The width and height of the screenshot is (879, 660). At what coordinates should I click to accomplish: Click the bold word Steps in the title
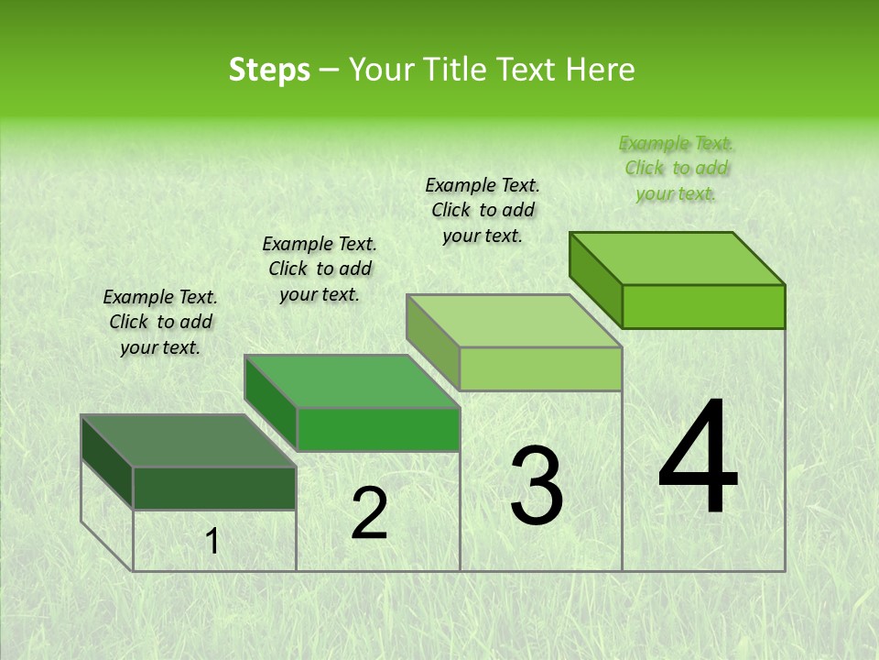(x=268, y=70)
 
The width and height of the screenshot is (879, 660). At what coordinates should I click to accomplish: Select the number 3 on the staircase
(x=537, y=485)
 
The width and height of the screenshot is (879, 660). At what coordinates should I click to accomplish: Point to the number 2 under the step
(x=369, y=513)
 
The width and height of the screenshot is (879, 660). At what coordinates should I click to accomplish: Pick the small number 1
(x=212, y=542)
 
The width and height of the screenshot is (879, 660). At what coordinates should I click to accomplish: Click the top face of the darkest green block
(x=189, y=441)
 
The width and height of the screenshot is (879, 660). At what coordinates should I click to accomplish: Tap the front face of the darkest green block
(x=214, y=488)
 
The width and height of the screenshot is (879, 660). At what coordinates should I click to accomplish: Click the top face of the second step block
(x=353, y=380)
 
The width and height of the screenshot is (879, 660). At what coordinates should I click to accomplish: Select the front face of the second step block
(x=378, y=429)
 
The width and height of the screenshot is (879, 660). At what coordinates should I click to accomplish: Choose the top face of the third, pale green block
(x=515, y=321)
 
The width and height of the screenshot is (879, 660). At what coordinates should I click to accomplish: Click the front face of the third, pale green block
(x=540, y=369)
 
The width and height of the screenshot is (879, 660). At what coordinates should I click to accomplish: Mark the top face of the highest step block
(x=678, y=258)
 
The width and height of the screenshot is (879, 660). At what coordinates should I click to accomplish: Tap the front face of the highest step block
(x=703, y=306)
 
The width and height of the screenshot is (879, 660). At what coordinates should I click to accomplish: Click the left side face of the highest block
(x=595, y=280)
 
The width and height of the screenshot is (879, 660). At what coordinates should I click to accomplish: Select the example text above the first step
(x=160, y=322)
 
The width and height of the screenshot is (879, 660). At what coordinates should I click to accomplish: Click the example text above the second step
(x=320, y=269)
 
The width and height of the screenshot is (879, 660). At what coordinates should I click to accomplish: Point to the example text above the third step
(x=483, y=210)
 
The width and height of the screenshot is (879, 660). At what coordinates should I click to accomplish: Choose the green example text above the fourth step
(x=677, y=168)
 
